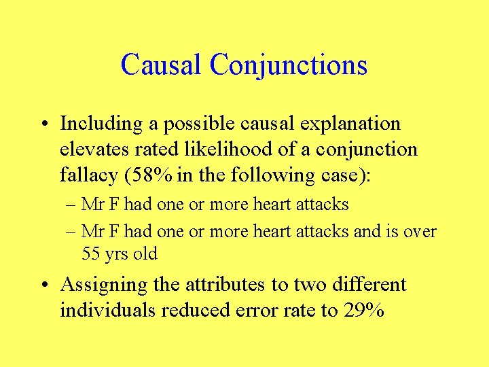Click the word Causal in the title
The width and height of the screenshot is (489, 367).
tap(162, 65)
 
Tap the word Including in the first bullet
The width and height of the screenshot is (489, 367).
tap(101, 124)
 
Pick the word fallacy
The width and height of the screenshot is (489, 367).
tap(87, 175)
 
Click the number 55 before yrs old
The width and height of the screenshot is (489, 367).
tap(91, 254)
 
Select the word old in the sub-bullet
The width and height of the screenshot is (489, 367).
tap(145, 254)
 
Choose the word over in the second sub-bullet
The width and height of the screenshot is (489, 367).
tap(422, 231)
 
